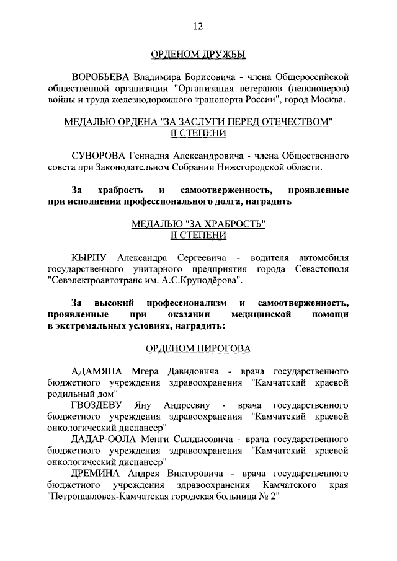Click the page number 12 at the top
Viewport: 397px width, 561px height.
(x=198, y=26)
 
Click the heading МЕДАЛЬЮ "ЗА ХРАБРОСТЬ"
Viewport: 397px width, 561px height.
(x=198, y=224)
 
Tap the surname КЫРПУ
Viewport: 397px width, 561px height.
(x=91, y=257)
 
